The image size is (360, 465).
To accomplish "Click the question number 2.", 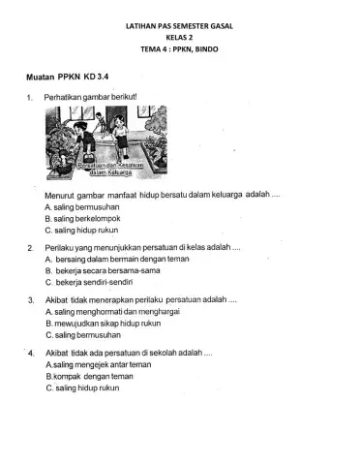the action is point(31,249).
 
